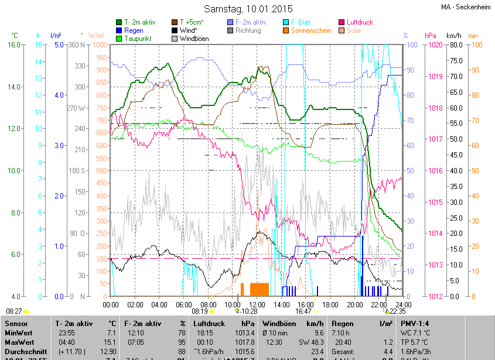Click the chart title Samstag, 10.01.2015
248,9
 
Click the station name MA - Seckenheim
466,7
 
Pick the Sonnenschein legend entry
315,30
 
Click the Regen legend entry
134,30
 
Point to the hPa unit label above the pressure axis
431,36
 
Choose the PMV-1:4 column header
415,323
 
